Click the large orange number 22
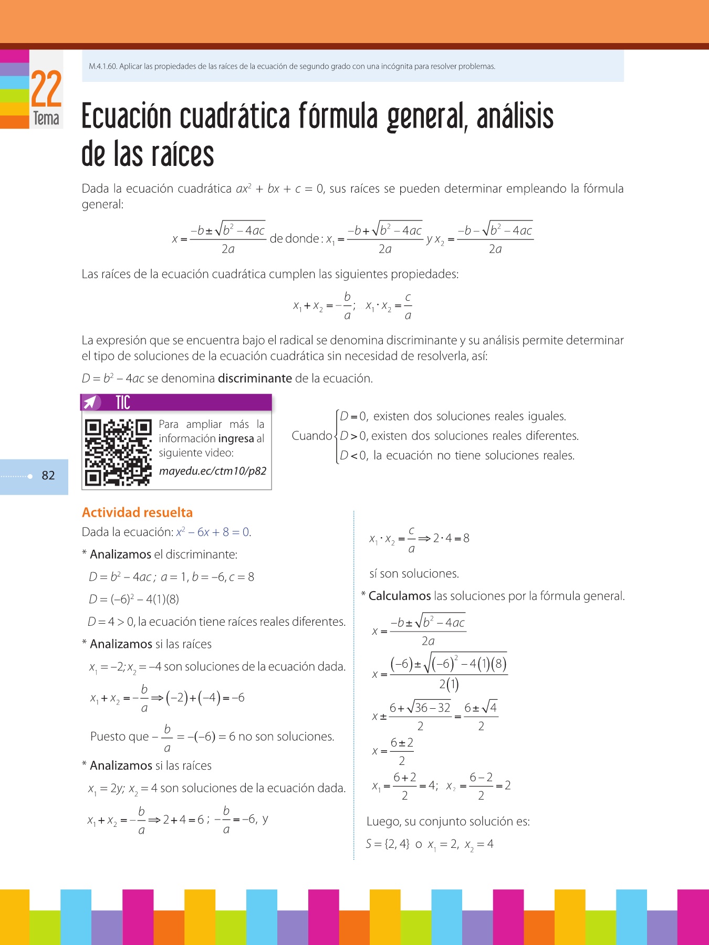46,89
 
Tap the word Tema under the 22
46,119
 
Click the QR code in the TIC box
118,452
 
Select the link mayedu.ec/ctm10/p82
213,471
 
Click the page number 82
48,476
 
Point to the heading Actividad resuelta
137,512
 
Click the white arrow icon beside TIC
91,403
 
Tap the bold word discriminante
255,379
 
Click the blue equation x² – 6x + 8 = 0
213,532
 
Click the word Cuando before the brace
312,436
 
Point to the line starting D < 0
457,455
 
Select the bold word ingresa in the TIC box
236,438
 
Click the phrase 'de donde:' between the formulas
295,239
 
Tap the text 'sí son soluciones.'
414,573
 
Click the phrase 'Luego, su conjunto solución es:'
448,821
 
